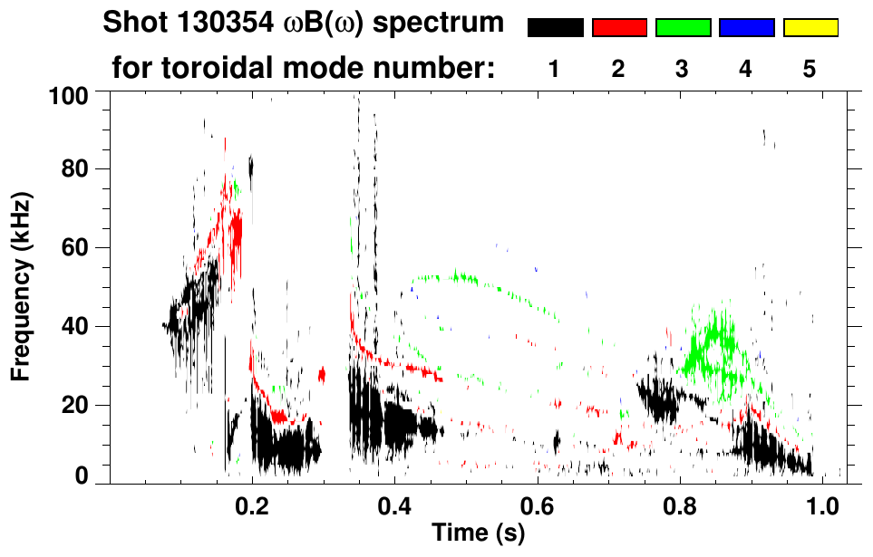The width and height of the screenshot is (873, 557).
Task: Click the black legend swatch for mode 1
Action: pyautogui.click(x=555, y=28)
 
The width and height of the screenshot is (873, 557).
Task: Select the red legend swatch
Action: pyautogui.click(x=619, y=28)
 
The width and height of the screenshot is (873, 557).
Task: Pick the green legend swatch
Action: pyautogui.click(x=683, y=28)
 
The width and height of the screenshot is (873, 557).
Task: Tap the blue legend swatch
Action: pyautogui.click(x=746, y=28)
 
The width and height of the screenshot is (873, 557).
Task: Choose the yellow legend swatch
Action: pyautogui.click(x=810, y=28)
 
